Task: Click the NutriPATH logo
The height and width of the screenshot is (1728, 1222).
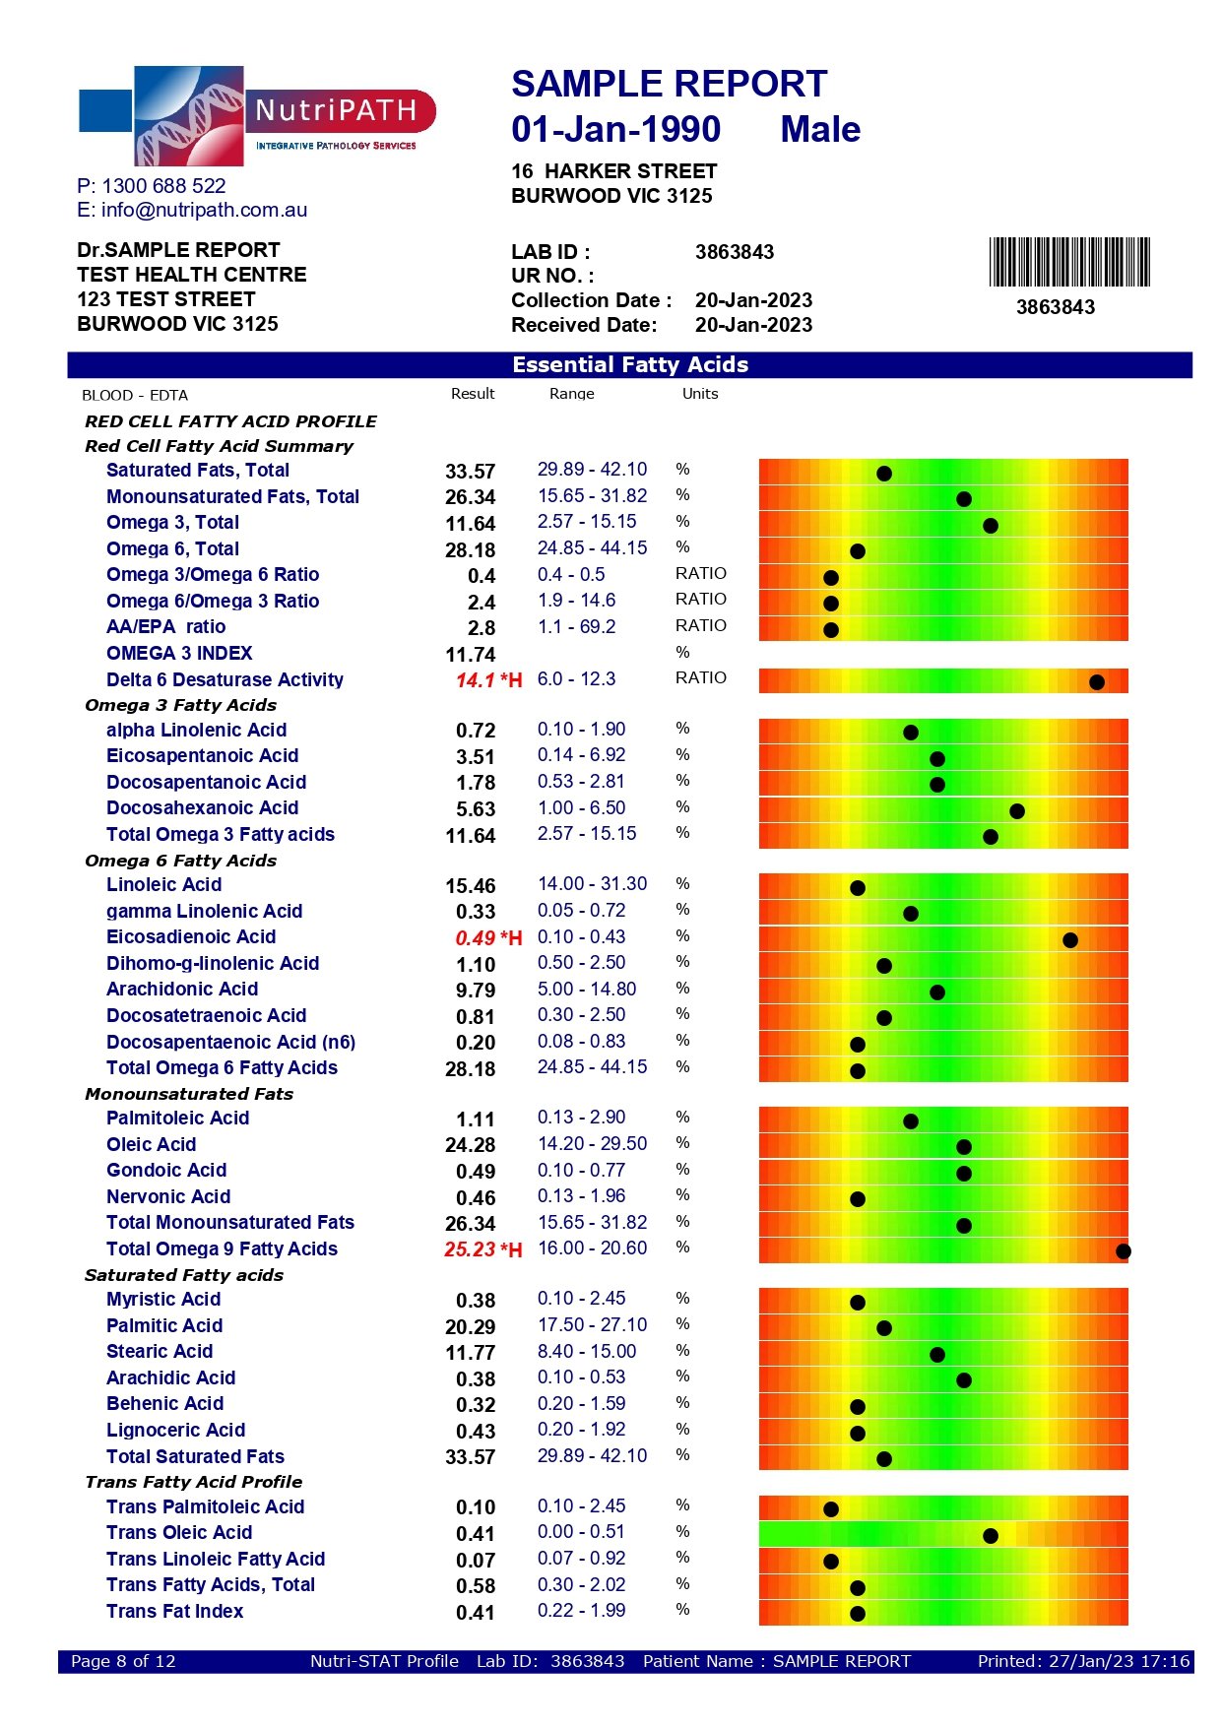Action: tap(258, 115)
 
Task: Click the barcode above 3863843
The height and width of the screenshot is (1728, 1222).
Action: tap(1069, 262)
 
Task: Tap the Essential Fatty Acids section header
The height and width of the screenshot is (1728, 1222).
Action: tap(630, 365)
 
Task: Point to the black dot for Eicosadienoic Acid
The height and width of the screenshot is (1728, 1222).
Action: tap(1070, 940)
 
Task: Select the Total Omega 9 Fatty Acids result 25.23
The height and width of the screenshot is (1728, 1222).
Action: tap(470, 1249)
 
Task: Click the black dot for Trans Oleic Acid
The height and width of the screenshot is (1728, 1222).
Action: tap(991, 1536)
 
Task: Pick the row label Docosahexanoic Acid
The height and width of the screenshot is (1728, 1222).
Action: tap(202, 808)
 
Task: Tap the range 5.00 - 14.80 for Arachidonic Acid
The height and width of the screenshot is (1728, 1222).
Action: tap(587, 989)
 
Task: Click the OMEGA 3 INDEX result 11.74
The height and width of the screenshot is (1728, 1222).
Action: tap(470, 655)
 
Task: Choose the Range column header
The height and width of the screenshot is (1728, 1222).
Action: tap(572, 394)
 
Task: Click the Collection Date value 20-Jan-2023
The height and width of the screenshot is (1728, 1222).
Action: tap(753, 300)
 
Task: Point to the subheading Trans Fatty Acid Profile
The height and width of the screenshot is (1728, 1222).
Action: tap(193, 1482)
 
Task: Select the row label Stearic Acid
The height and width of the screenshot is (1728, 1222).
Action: tap(160, 1352)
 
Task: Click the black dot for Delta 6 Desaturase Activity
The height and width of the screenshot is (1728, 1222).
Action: tap(1097, 682)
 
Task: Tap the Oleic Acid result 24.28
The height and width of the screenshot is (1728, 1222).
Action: tap(470, 1145)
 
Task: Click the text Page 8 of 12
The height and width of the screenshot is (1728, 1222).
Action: tap(123, 1661)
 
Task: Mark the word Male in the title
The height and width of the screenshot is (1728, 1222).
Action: tap(820, 129)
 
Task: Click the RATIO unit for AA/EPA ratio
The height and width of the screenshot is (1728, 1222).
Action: tap(701, 625)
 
